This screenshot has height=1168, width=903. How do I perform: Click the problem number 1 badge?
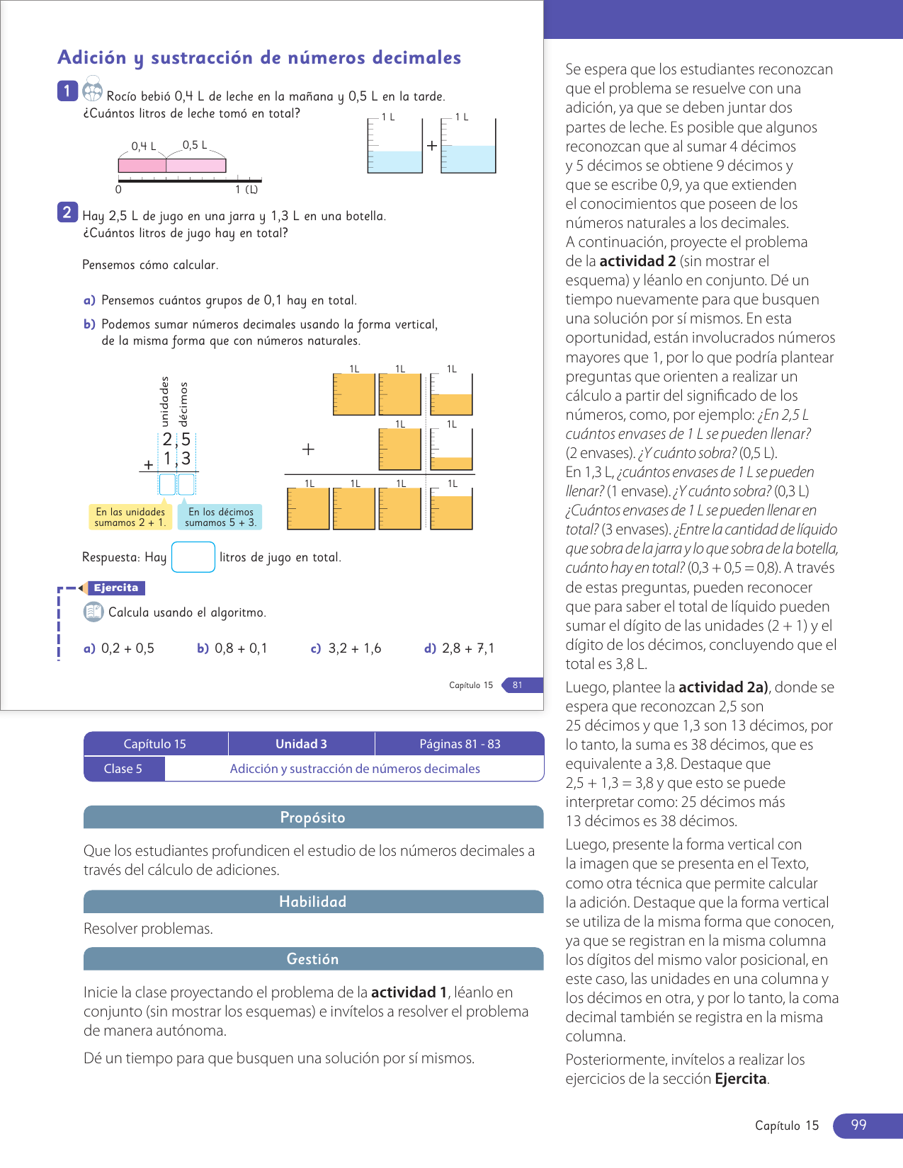coord(67,91)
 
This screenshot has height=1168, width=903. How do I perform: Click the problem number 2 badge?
coord(67,212)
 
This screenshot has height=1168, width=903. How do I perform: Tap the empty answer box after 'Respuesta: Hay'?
coord(193,557)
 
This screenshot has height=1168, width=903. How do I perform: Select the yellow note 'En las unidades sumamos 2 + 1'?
coord(130,517)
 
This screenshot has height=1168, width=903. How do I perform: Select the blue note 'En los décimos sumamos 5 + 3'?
coord(220,517)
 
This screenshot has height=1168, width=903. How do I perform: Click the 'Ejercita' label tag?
coord(116,588)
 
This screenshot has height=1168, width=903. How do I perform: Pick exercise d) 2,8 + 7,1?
coord(460,648)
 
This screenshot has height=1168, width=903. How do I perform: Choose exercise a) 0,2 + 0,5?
coord(119,648)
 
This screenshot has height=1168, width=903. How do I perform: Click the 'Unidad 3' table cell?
coord(301,744)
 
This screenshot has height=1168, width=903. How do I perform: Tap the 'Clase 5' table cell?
coord(123,769)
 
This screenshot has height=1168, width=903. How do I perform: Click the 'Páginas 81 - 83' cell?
coord(460,744)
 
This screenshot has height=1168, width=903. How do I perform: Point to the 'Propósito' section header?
coord(313,818)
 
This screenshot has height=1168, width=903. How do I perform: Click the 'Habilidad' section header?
coord(313,902)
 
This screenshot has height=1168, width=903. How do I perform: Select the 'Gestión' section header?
coord(313,959)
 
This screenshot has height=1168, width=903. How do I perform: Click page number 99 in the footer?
coord(858,1126)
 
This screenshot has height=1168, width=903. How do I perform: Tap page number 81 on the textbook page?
coord(518,685)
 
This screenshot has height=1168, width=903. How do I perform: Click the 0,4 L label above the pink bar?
coord(144,147)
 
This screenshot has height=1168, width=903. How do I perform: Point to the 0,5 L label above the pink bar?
coord(195,145)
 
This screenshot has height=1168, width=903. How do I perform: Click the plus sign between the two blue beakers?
coord(431,146)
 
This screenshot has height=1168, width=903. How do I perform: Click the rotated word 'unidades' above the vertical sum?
coord(165,401)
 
